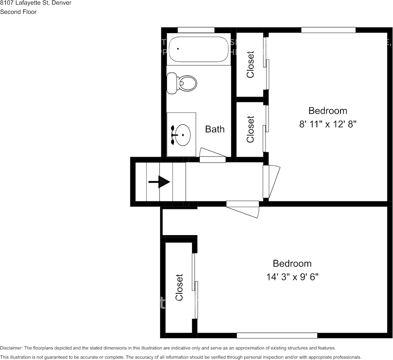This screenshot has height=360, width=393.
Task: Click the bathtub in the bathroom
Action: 199,49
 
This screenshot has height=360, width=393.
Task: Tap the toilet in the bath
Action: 183,83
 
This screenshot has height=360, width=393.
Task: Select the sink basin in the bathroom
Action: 181,135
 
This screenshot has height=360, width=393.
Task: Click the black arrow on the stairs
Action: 159,182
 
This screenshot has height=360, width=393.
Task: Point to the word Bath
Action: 215,129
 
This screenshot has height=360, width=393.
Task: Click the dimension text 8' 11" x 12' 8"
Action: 328,124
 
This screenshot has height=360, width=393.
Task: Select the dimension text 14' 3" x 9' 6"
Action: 292,277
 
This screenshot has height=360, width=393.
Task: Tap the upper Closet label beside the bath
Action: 250,64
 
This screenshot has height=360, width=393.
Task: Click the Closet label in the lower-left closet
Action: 179,287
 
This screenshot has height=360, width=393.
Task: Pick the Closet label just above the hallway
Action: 250,129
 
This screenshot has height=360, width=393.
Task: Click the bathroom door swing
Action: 213,156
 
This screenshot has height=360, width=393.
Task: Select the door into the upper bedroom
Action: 271,182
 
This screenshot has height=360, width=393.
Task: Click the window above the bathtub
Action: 196,30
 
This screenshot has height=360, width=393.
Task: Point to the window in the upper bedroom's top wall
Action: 328,30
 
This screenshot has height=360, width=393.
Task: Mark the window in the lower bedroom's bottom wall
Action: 277,335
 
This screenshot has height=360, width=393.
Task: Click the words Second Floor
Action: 18,12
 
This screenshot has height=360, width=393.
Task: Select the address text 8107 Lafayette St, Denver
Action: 35,3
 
